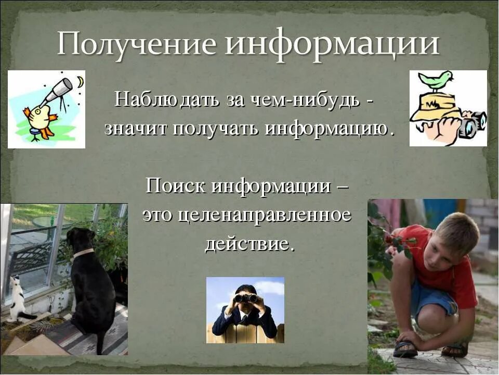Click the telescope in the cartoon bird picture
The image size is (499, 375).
coord(57,91)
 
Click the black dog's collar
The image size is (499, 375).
coord(83,254)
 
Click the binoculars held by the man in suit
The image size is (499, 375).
coord(245,298)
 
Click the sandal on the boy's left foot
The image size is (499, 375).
coord(405,348)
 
